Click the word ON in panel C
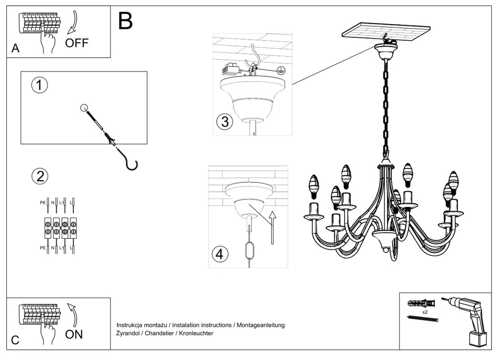point(74,335)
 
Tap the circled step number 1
point(40,85)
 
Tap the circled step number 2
point(40,176)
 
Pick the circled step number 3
point(224,122)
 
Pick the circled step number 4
point(220,254)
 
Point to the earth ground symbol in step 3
point(280,70)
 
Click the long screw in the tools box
point(422,319)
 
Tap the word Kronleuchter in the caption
point(196,334)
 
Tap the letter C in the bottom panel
point(15,340)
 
